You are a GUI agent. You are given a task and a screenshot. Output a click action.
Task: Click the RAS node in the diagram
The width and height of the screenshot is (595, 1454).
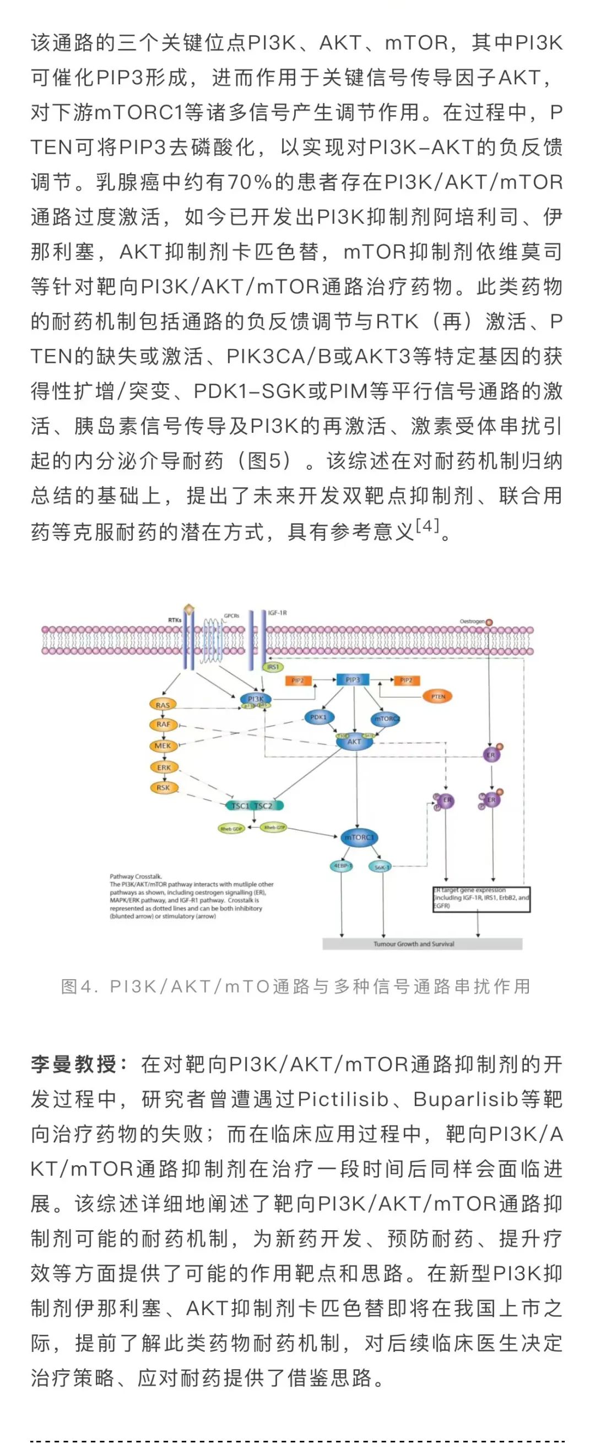pos(163,705)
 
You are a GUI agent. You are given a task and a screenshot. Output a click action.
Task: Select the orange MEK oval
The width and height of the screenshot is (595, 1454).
pos(163,745)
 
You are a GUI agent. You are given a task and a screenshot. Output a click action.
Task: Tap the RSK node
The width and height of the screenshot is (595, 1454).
pos(163,787)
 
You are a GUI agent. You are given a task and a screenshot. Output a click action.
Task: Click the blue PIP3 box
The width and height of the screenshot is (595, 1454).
pos(353,680)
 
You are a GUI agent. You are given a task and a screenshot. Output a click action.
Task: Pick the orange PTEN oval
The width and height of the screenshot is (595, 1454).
pos(437,696)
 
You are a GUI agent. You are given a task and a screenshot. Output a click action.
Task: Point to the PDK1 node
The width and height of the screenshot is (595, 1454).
pos(318,717)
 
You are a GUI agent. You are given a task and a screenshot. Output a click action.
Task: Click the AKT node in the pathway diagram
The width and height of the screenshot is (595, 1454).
pos(354,741)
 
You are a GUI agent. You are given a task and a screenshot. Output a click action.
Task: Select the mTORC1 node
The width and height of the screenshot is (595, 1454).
pos(359,838)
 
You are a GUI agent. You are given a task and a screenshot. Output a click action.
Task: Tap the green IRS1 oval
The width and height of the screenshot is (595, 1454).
pos(273,667)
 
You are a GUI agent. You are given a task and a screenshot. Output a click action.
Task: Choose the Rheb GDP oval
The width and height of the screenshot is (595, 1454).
pos(231,829)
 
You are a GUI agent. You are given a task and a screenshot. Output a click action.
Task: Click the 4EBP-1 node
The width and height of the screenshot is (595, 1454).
pos(341,865)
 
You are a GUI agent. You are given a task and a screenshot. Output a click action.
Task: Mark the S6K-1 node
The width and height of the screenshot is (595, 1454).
pos(381,867)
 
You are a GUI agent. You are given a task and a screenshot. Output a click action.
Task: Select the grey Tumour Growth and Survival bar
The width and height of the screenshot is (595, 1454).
pos(422,943)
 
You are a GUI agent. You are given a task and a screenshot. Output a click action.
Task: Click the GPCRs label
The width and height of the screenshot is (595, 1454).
pos(231,616)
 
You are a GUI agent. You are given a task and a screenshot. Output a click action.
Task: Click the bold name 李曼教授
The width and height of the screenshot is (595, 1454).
pos(73,1064)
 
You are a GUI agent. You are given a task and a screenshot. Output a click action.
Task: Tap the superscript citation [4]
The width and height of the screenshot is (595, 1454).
pos(427,526)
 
